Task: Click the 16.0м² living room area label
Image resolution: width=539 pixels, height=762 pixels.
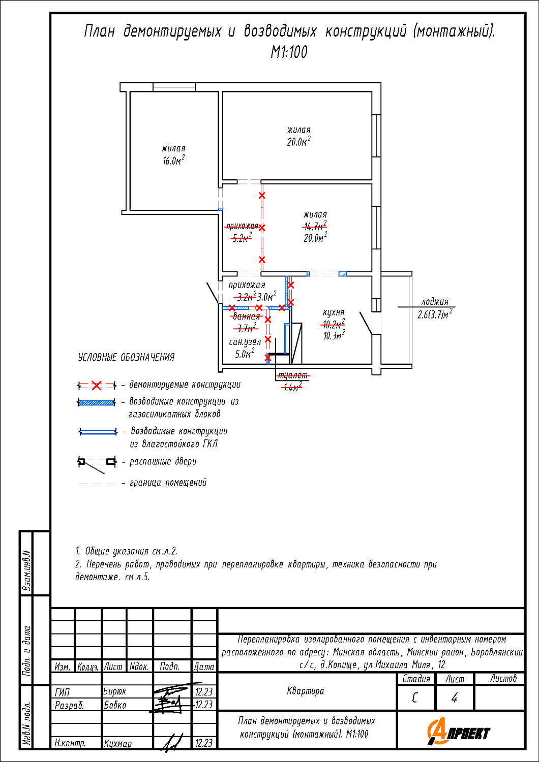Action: (173, 161)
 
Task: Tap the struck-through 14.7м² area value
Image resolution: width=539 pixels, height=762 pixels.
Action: (315, 227)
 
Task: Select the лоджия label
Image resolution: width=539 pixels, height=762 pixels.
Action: (435, 302)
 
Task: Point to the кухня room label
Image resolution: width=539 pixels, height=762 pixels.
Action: (334, 312)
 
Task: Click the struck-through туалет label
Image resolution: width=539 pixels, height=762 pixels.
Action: (292, 375)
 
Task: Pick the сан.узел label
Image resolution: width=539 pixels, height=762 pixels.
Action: (245, 342)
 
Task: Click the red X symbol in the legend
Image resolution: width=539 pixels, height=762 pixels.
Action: (97, 386)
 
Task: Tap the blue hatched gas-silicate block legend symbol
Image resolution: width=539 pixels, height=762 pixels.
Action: (97, 402)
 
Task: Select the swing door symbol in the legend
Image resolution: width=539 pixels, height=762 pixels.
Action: (97, 462)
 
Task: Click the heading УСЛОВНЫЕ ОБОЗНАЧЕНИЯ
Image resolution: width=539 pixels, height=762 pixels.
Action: (126, 358)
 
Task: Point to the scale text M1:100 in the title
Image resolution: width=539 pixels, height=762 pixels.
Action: (289, 52)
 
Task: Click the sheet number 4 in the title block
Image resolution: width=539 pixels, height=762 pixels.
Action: (455, 698)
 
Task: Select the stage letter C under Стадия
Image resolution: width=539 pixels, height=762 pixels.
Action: (415, 698)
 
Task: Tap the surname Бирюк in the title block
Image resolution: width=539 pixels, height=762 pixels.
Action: (115, 691)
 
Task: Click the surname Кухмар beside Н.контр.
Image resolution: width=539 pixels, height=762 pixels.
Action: (118, 743)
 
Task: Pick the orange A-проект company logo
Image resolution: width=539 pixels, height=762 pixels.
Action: (459, 732)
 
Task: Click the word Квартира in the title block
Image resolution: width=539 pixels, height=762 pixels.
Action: (305, 691)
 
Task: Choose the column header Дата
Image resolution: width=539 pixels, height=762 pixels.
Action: (204, 666)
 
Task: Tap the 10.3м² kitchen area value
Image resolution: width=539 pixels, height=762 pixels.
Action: (334, 336)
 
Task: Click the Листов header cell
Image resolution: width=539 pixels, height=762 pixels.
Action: (503, 678)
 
